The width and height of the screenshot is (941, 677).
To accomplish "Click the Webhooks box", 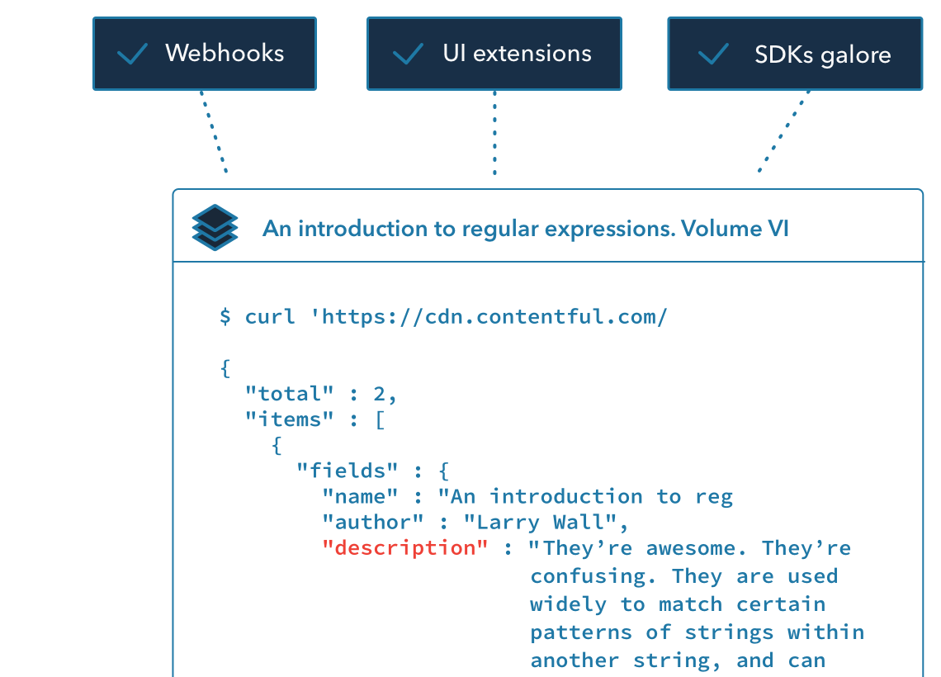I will pos(204,54).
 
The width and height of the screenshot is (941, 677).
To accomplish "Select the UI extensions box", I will pos(494,54).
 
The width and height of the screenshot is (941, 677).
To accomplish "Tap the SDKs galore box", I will pos(794,54).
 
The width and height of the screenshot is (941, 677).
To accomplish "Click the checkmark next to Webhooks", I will pos(132,54).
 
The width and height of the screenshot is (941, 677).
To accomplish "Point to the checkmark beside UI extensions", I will pos(408,54).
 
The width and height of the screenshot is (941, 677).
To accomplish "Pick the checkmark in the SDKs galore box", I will pos(713,54).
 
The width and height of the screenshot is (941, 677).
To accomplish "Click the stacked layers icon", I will pos(215,227).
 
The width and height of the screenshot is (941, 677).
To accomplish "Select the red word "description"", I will pos(405,547).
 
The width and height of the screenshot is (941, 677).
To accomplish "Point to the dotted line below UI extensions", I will pos(495,132).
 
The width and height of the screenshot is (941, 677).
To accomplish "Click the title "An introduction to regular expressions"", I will pos(526,228).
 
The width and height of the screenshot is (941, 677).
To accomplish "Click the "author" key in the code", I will pos(373,522).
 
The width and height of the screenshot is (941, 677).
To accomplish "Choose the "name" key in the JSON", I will pos(360,496).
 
